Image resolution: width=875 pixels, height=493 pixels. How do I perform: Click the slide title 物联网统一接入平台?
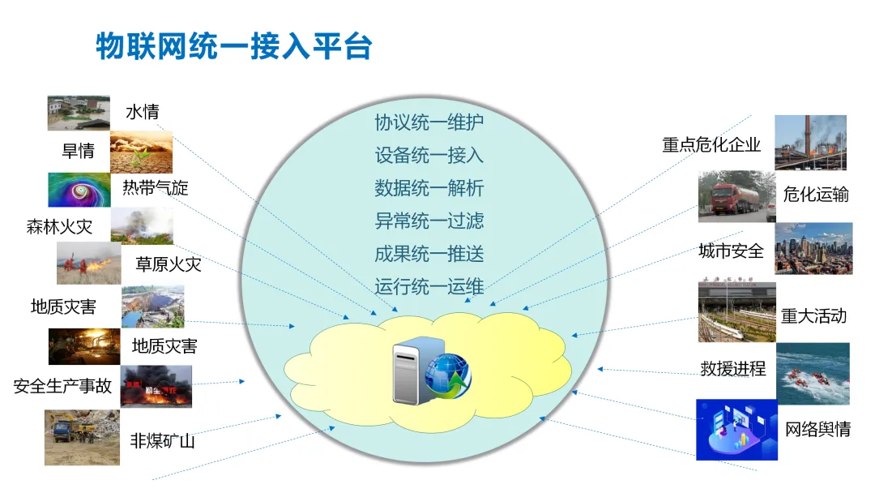(233, 46)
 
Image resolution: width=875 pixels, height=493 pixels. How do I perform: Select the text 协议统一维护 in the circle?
(429, 122)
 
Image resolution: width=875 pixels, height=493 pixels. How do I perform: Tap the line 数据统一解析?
(429, 188)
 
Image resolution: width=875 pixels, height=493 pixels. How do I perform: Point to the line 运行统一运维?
(429, 286)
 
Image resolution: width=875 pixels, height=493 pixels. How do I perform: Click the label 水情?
(143, 112)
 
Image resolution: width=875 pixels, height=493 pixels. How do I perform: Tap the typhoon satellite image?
(78, 190)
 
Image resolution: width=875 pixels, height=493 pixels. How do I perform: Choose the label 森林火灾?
(59, 227)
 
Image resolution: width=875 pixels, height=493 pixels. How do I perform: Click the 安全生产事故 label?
(62, 386)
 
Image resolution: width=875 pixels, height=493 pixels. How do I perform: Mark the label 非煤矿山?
(162, 441)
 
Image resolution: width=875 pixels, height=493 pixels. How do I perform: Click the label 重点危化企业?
(711, 144)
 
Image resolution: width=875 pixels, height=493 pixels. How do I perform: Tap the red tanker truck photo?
(736, 195)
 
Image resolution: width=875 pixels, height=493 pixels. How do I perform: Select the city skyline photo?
(813, 247)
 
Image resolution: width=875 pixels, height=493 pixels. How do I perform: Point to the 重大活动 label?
(813, 315)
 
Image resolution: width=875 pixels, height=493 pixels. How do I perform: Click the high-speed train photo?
(736, 312)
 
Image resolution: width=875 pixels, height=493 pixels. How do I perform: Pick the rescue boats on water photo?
(813, 374)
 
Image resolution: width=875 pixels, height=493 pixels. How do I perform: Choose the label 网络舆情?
(818, 430)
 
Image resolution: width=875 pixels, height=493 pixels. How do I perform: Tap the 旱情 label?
(79, 151)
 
